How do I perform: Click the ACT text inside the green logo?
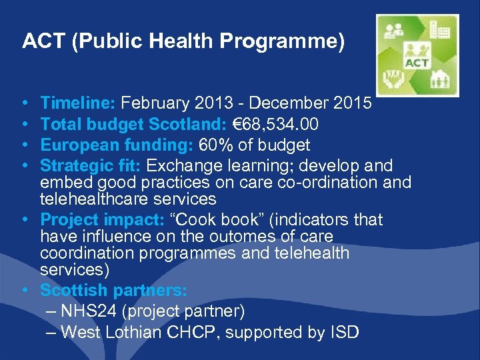(x=417, y=62)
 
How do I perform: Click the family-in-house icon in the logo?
(x=439, y=81)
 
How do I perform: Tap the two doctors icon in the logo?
(x=393, y=30)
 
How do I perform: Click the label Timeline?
(x=79, y=103)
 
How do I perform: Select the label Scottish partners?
(x=113, y=291)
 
